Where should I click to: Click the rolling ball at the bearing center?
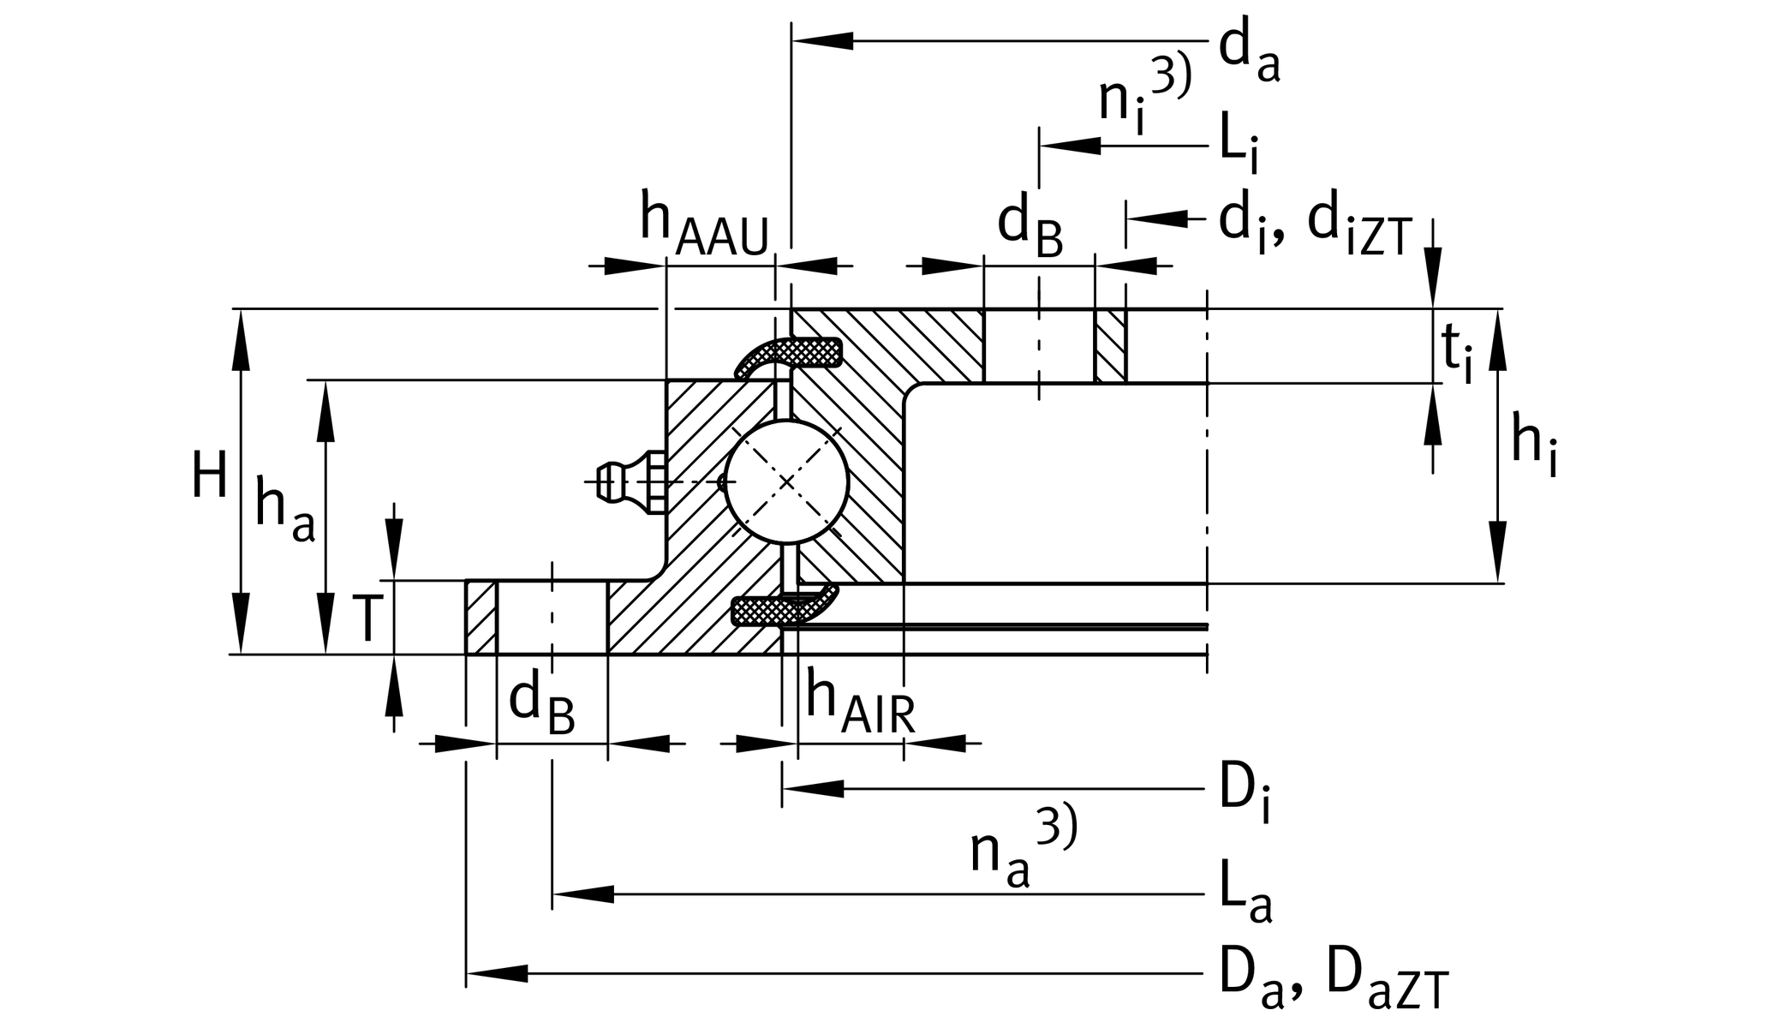click(785, 482)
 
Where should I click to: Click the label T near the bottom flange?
click(367, 619)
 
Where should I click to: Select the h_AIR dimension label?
click(859, 704)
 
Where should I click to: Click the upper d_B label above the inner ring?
click(1030, 227)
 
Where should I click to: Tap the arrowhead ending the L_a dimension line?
click(582, 894)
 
